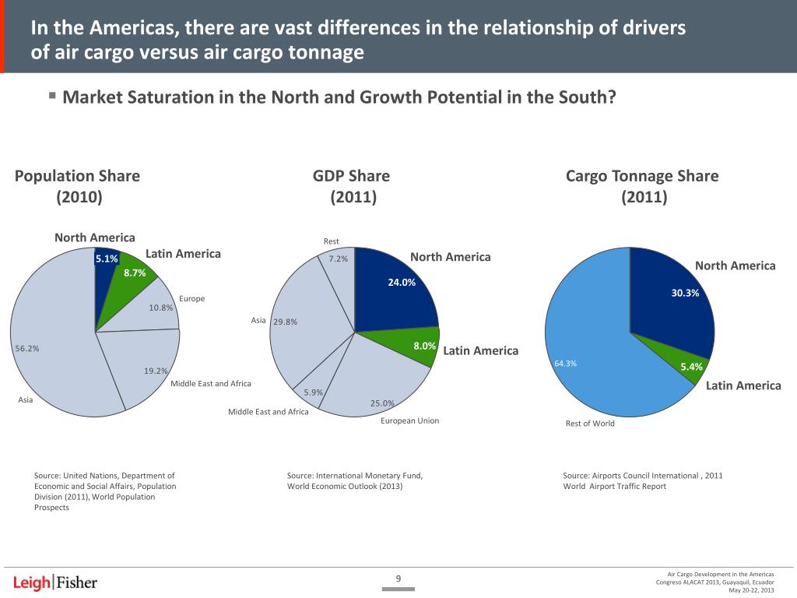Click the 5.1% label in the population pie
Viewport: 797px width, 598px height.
[106, 259]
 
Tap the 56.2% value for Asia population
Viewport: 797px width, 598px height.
[26, 349]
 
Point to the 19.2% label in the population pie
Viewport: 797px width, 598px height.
[155, 371]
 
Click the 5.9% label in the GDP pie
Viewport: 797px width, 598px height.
[313, 392]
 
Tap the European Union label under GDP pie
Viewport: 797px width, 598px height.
[409, 421]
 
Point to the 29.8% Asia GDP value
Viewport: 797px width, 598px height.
[285, 322]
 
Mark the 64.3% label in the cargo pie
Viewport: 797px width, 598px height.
[565, 364]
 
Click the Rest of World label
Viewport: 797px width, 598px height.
[590, 424]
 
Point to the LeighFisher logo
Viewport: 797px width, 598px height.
[55, 582]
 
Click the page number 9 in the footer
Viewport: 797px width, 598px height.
[398, 578]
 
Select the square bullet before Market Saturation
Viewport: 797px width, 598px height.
[51, 97]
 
